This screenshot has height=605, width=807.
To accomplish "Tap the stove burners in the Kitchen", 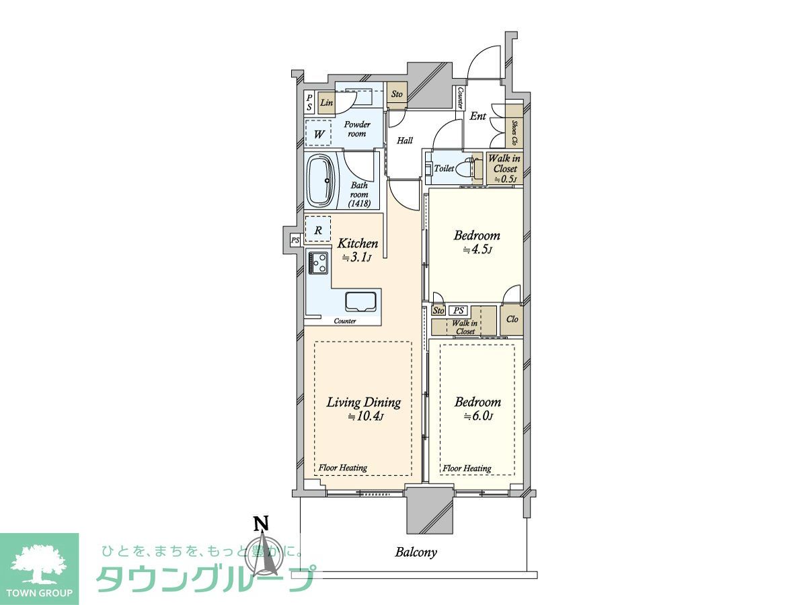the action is pyautogui.click(x=318, y=263).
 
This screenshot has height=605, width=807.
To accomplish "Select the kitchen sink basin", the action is pyautogui.click(x=360, y=302).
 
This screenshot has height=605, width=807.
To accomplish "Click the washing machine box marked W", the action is pyautogui.click(x=318, y=134).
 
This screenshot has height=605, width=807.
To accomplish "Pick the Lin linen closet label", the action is pyautogui.click(x=326, y=102).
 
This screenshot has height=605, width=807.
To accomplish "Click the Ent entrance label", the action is pyautogui.click(x=478, y=116).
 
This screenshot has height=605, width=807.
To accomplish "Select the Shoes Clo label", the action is pyautogui.click(x=514, y=132).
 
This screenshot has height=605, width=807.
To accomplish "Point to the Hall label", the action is pyautogui.click(x=404, y=140).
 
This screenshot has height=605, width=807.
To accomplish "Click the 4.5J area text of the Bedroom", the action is pyautogui.click(x=477, y=250).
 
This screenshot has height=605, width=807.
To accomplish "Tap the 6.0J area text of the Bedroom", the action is pyautogui.click(x=477, y=416).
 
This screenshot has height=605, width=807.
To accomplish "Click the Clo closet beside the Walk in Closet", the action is pyautogui.click(x=512, y=319).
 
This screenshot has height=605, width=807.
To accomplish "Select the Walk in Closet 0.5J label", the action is pyautogui.click(x=504, y=169).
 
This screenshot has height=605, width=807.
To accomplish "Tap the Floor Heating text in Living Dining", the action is pyautogui.click(x=343, y=468).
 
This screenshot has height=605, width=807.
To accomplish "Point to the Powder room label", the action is pyautogui.click(x=357, y=129).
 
